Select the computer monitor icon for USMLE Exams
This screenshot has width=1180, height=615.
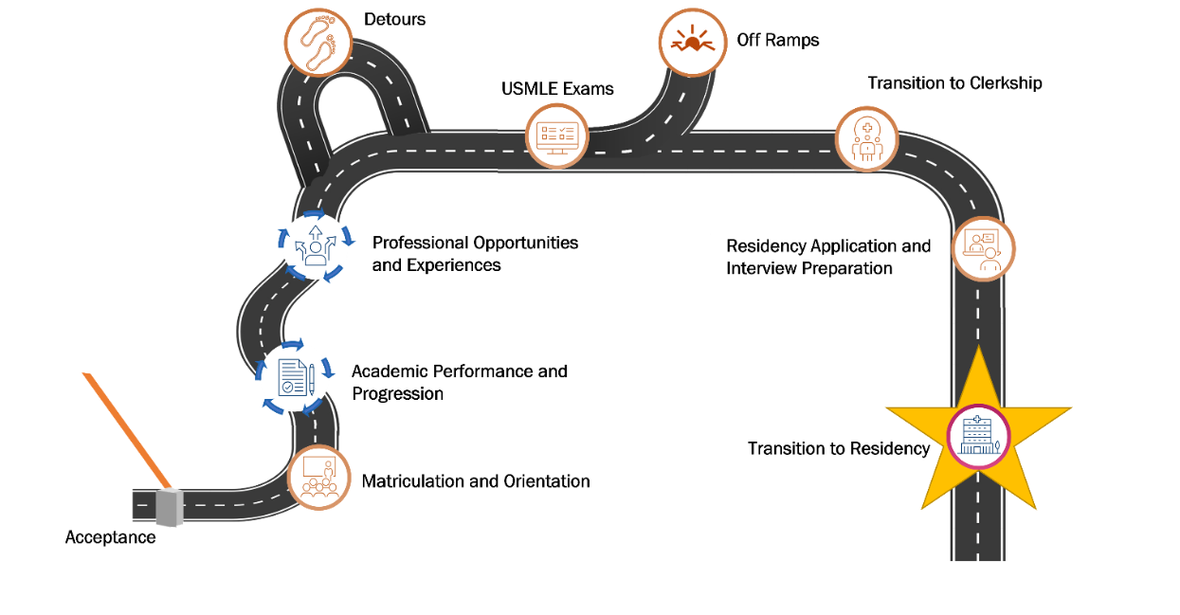click(x=557, y=136)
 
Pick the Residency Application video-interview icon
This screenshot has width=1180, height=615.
click(x=983, y=249)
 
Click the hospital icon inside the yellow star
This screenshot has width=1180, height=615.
click(x=979, y=437)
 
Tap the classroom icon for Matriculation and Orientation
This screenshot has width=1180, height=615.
click(x=318, y=477)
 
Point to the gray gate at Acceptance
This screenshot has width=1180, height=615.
click(x=169, y=509)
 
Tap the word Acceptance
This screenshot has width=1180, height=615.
click(x=110, y=537)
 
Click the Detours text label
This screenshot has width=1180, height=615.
click(x=394, y=19)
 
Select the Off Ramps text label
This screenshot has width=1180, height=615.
click(x=777, y=40)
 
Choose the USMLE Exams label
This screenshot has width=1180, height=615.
click(x=557, y=89)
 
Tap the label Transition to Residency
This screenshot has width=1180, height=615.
click(x=839, y=448)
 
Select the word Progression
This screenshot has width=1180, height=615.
click(x=397, y=393)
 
